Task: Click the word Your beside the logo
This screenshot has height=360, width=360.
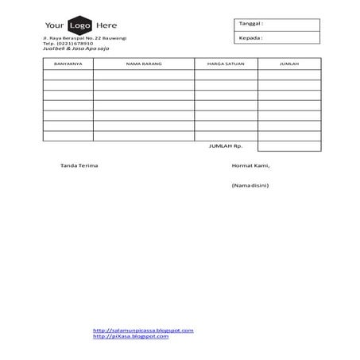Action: click(x=55, y=25)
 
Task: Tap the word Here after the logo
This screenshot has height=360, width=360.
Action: click(x=106, y=25)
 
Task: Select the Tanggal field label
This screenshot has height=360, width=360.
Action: click(x=250, y=24)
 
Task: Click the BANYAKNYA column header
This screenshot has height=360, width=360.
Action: click(x=68, y=64)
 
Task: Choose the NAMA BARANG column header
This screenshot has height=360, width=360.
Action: click(x=143, y=64)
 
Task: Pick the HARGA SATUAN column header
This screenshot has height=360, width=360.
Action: click(x=226, y=64)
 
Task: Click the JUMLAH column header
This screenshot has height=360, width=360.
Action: click(x=288, y=64)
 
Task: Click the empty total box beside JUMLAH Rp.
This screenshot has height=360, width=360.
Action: click(x=288, y=146)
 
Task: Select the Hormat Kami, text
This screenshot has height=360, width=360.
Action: click(x=250, y=165)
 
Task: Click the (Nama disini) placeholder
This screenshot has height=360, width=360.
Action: click(x=250, y=185)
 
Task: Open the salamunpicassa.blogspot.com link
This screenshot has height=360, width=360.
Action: click(x=143, y=330)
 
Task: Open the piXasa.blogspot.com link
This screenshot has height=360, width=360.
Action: click(x=130, y=336)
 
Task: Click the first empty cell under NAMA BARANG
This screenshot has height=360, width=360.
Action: click(x=143, y=75)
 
